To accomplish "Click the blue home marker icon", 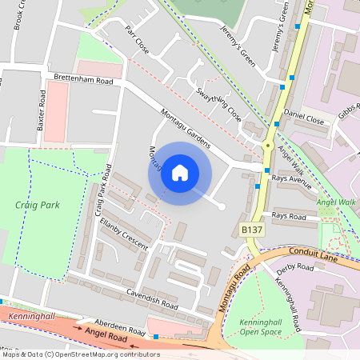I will (180, 173).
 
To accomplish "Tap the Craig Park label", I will (37, 205).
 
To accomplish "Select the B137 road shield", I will (252, 230).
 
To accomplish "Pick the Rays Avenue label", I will (290, 178).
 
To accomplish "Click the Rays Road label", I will (289, 216).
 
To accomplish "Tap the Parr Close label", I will (138, 38).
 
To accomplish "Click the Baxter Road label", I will (42, 107).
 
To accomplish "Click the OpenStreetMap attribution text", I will (80, 354).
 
